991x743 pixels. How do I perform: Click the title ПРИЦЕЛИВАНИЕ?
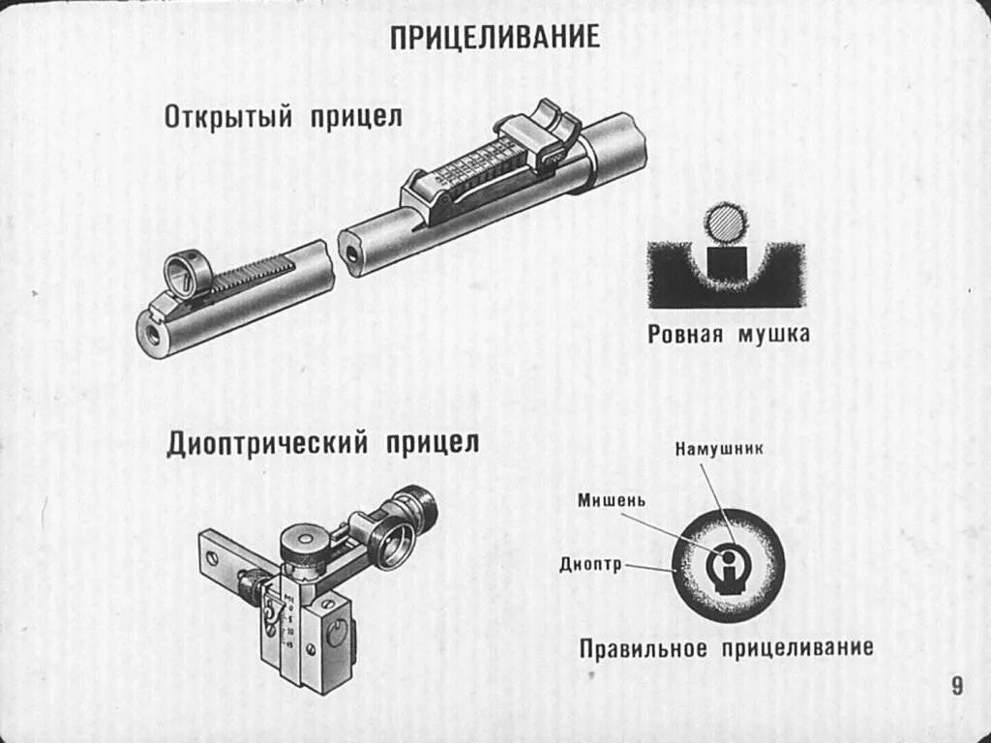pos(495,38)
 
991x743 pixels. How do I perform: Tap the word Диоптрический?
pos(268,444)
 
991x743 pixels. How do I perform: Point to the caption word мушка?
pos(773,335)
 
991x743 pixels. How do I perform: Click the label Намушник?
pos(720,449)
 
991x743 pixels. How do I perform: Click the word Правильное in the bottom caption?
pos(644,647)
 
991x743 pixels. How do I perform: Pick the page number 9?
pos(957,687)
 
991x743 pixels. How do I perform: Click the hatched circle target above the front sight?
pos(725,223)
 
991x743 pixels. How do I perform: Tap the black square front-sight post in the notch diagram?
pos(726,263)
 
